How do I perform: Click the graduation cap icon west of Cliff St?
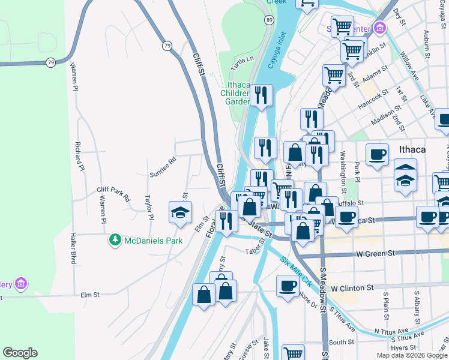tap(179, 212)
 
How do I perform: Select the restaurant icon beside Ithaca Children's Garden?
tap(261, 95)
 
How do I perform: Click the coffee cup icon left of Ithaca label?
tap(377, 154)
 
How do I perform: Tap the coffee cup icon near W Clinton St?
tap(288, 286)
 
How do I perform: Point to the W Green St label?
tap(376, 254)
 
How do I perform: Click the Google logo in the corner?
tap(20, 353)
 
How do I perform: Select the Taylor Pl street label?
tap(149, 207)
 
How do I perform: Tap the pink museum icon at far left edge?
tap(21, 283)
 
